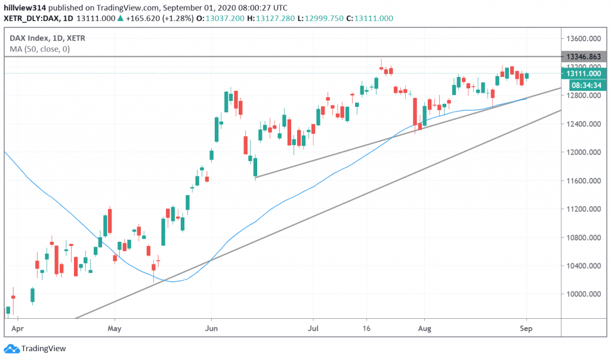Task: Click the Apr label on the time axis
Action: pos(18,328)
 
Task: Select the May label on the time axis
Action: pos(115,328)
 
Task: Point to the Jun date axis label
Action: pos(211,328)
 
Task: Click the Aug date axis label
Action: pos(424,328)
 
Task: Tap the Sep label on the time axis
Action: pos(526,328)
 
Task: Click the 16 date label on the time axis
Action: pos(368,328)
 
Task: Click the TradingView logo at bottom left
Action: pos(36,349)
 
